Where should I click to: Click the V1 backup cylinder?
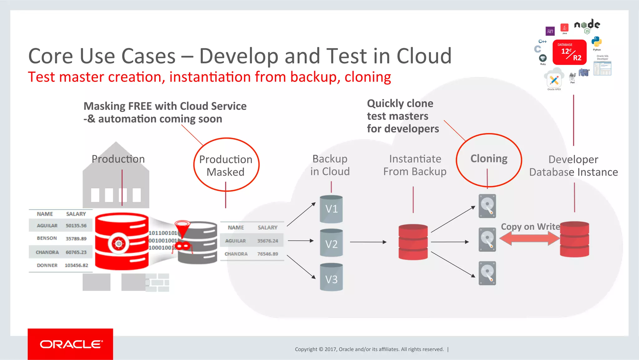point(331,209)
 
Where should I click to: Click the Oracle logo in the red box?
point(71,344)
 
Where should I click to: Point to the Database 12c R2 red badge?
point(569,52)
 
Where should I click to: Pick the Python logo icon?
point(596,42)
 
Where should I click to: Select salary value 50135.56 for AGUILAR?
point(76,225)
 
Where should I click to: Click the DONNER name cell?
point(47,265)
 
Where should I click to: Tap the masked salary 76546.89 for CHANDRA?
point(267,254)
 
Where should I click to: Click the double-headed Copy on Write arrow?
point(529,239)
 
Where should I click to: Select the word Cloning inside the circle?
point(489,159)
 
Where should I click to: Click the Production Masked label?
point(226,165)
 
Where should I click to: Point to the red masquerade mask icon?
point(183,246)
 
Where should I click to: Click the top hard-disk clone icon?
point(487,206)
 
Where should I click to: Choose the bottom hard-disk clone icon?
point(487,273)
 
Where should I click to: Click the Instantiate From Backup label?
point(415,165)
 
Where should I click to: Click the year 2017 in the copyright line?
point(330,349)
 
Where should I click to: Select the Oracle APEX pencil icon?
point(554,80)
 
